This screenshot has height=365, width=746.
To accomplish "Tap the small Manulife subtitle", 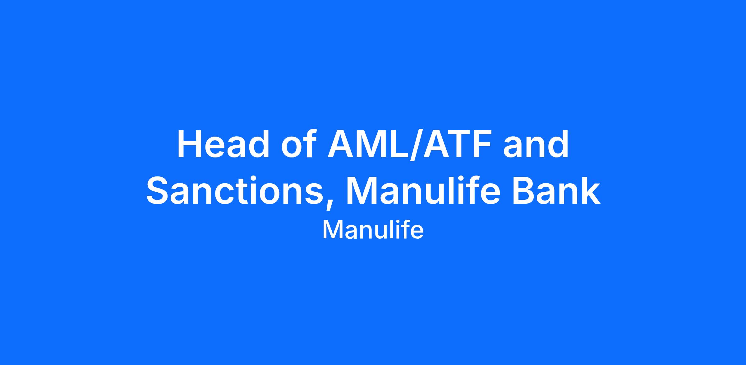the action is pyautogui.click(x=373, y=230).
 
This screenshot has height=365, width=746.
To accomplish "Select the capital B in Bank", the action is pyautogui.click(x=524, y=190).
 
